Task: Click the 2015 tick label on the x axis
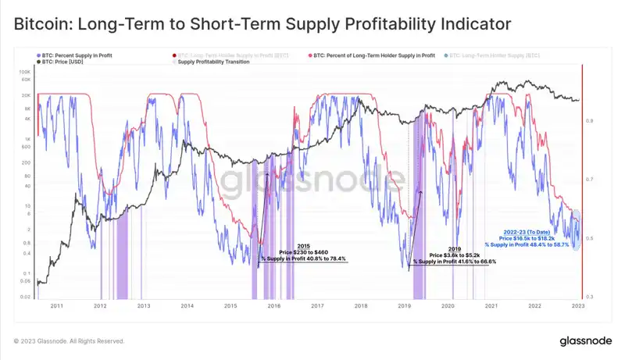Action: coord(230,307)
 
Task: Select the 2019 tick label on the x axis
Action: coord(404,307)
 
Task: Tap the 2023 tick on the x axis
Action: coord(576,307)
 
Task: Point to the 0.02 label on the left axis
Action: coord(25,297)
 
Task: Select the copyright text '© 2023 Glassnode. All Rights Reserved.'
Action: coord(70,341)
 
